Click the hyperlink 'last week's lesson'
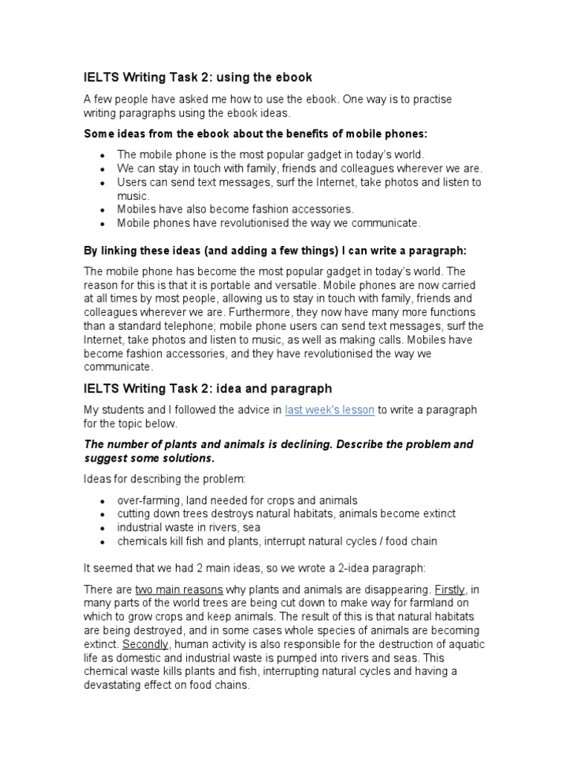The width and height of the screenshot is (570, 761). click(x=331, y=409)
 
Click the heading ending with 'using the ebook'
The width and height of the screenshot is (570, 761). click(x=197, y=77)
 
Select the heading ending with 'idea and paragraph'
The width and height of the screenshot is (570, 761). click(x=207, y=389)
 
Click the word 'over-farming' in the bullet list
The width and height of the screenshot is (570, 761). click(x=148, y=500)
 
